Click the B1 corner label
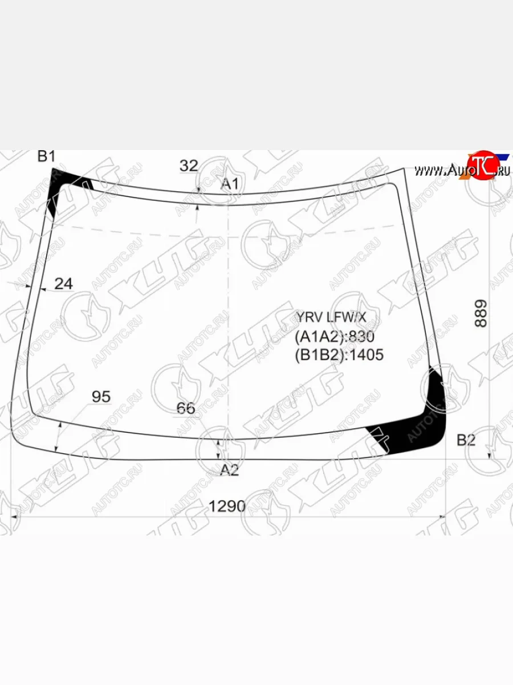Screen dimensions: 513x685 pyautogui.click(x=46, y=156)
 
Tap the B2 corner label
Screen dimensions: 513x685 pyautogui.click(x=466, y=440)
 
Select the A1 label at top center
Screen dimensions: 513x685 pyautogui.click(x=230, y=184)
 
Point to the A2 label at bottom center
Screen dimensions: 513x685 pyautogui.click(x=229, y=470)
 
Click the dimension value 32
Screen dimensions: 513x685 pyautogui.click(x=189, y=166)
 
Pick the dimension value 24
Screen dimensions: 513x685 pyautogui.click(x=63, y=284)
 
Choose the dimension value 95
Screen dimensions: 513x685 pyautogui.click(x=101, y=397)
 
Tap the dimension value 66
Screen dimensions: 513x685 pyautogui.click(x=186, y=408)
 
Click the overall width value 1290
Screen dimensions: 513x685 pyautogui.click(x=227, y=506)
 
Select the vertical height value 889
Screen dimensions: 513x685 pyautogui.click(x=481, y=313)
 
